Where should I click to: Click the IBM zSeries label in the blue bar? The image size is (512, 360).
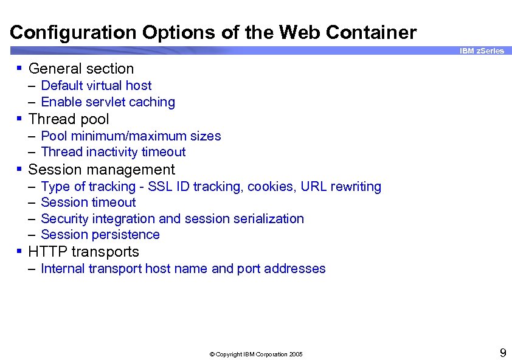(482, 51)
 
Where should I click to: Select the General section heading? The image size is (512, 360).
(81, 69)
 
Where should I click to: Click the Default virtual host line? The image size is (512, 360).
(96, 86)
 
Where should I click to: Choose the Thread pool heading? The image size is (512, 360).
(69, 119)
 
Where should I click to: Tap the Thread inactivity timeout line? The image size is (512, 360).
(113, 152)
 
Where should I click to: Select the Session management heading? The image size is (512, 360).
(102, 170)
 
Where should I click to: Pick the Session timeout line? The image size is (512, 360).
(88, 202)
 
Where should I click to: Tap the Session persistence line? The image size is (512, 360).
(100, 235)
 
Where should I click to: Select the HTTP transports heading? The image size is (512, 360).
(84, 252)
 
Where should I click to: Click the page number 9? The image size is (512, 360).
(503, 353)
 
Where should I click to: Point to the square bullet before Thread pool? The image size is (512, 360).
(20, 119)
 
